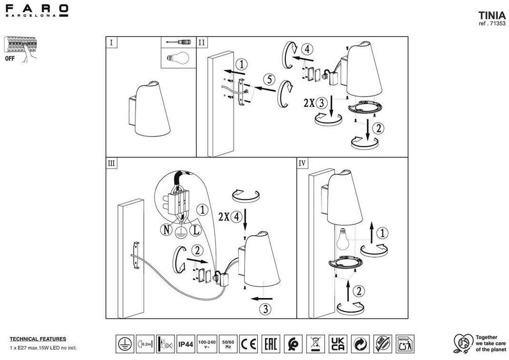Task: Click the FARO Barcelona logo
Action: [x=36, y=10]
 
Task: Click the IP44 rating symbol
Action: [x=186, y=344]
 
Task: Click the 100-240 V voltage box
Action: [x=207, y=344]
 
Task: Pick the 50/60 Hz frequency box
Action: [x=228, y=344]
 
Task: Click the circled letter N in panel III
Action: [x=167, y=230]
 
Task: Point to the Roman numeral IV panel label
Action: [x=302, y=163]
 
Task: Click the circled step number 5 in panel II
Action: [x=269, y=79]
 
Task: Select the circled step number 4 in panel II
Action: [x=306, y=50]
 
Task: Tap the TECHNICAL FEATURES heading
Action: [x=38, y=339]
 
